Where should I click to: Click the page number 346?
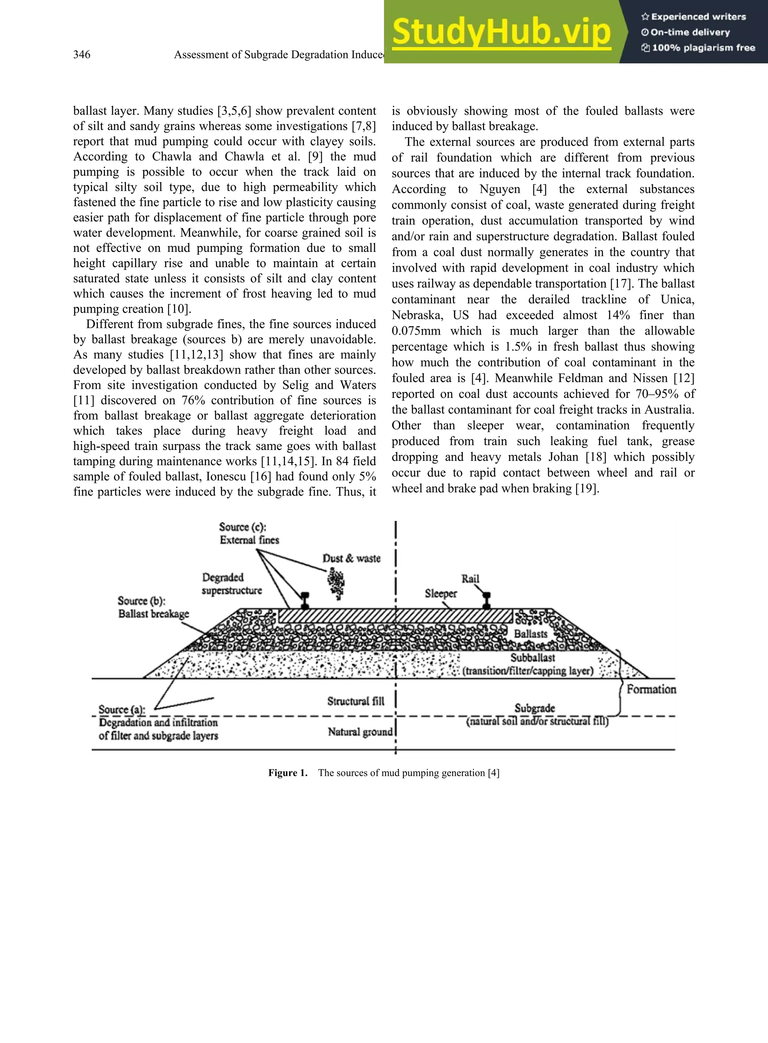[82, 55]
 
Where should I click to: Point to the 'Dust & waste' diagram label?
[351, 558]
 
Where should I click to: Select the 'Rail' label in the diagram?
[470, 579]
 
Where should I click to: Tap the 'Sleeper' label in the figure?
[441, 594]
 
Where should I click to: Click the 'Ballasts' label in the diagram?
[531, 634]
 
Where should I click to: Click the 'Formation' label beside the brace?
[651, 689]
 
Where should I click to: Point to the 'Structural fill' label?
[355, 701]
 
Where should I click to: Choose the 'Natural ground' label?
[360, 732]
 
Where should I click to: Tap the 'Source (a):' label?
[122, 709]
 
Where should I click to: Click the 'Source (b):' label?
[141, 601]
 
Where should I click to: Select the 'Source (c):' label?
[243, 527]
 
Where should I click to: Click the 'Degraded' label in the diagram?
[223, 577]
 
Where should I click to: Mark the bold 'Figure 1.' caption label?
[288, 773]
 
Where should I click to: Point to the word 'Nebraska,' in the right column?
[417, 315]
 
